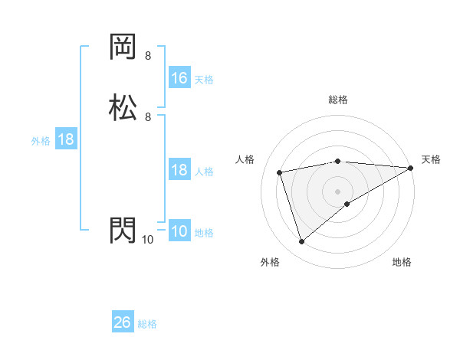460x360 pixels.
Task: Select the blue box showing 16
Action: (179, 78)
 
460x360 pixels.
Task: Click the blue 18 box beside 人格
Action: (179, 170)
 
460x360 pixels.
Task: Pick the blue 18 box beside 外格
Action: (66, 139)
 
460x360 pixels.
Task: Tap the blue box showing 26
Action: (123, 322)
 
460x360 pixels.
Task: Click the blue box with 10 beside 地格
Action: (179, 231)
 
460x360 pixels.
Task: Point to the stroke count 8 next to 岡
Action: (148, 56)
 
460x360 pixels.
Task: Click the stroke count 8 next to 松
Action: (148, 116)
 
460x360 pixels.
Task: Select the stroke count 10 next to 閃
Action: (147, 240)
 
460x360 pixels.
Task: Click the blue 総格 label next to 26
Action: (147, 324)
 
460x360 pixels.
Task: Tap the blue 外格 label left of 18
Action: (41, 141)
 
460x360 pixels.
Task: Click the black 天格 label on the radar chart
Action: (431, 159)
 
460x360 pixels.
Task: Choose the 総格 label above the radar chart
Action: (338, 100)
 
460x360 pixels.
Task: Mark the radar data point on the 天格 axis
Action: (412, 168)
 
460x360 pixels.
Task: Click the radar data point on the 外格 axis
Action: (301, 242)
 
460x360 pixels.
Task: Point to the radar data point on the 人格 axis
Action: (280, 172)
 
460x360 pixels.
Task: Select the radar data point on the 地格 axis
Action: (347, 204)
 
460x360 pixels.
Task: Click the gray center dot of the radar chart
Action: (338, 191)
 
